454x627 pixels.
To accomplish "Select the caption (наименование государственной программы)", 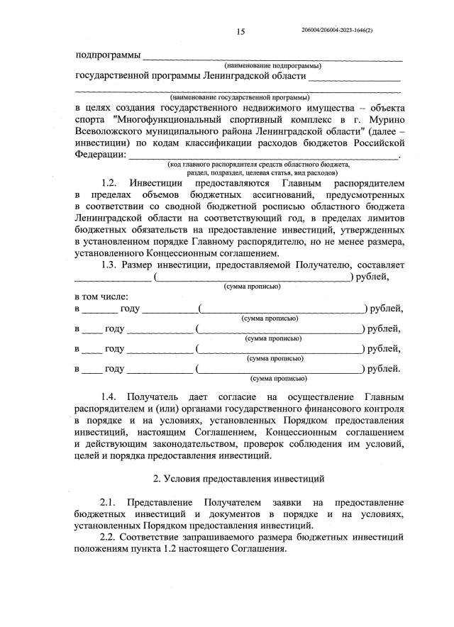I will pyautogui.click(x=239, y=96).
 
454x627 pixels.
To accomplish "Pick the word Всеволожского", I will pyautogui.click(x=107, y=131).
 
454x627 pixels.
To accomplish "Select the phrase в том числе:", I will pyautogui.click(x=101, y=295).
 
